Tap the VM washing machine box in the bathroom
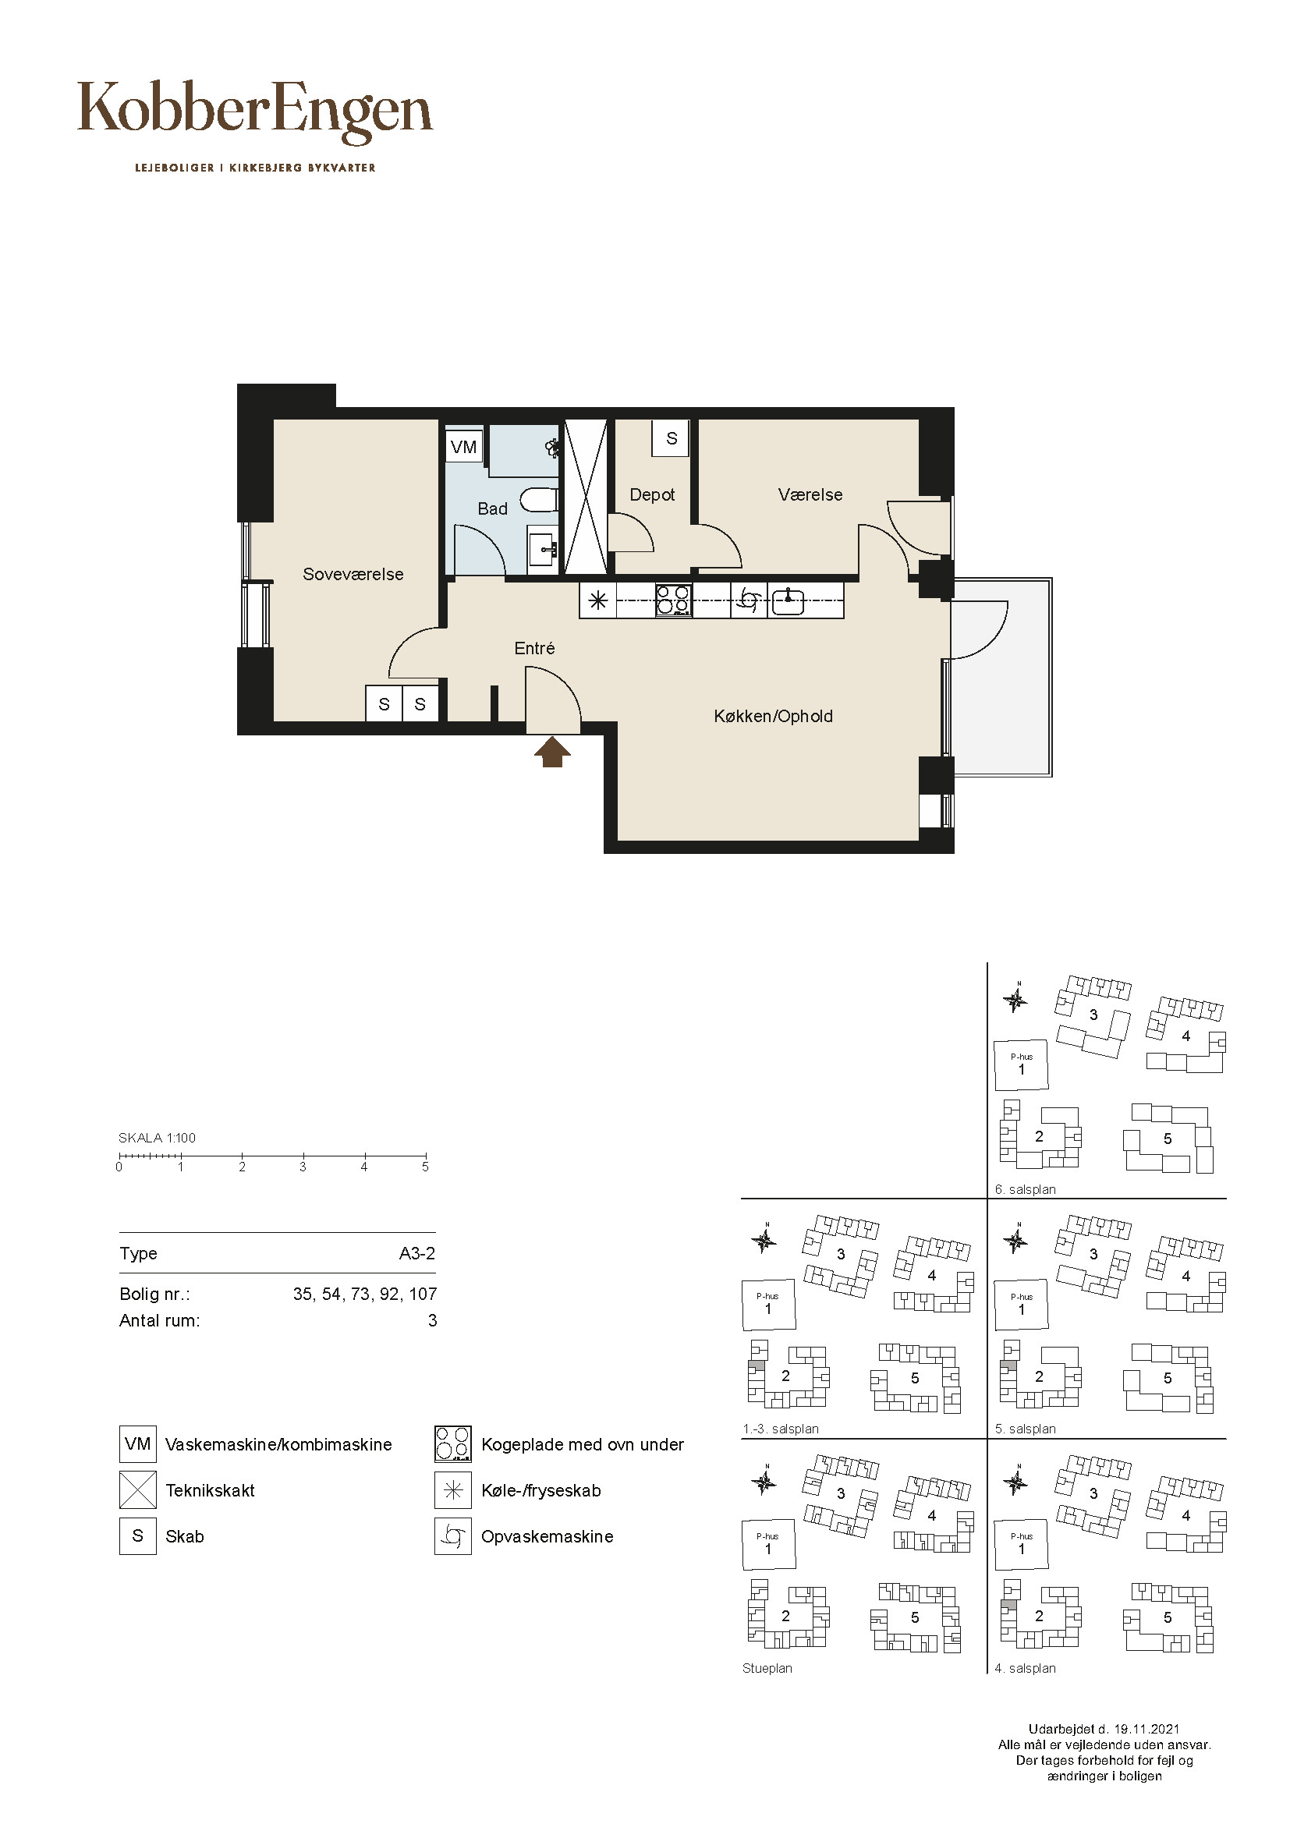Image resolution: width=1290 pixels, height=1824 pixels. coord(464,447)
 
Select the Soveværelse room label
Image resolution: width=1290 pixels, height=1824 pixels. coord(353,574)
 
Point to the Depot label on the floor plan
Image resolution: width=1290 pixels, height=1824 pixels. coord(652,495)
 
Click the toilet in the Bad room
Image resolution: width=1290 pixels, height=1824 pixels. coord(540,501)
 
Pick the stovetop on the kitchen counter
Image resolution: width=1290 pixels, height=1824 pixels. coord(674,600)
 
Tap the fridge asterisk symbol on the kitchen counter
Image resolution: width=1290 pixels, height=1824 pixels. coord(598,601)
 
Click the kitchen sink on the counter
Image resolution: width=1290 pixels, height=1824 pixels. coord(787,601)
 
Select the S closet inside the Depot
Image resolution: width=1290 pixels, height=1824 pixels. coord(672,437)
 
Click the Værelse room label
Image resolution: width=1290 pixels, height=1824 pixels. coord(810,494)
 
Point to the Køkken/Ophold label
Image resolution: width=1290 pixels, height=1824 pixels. coord(773,717)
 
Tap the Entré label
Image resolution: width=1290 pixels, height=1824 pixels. coord(534,648)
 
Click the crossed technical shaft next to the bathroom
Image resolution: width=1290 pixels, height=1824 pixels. coord(586,496)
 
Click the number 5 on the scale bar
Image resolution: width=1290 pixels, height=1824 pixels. coord(426,1167)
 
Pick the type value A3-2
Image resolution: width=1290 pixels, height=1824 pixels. coord(417,1254)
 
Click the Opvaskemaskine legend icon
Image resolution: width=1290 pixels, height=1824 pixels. coord(453,1536)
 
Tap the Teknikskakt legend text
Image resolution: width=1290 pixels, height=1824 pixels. coord(210,1490)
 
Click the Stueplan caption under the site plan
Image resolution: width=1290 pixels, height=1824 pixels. coord(767,1668)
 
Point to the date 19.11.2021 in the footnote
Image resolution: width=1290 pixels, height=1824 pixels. coord(1146,1729)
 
